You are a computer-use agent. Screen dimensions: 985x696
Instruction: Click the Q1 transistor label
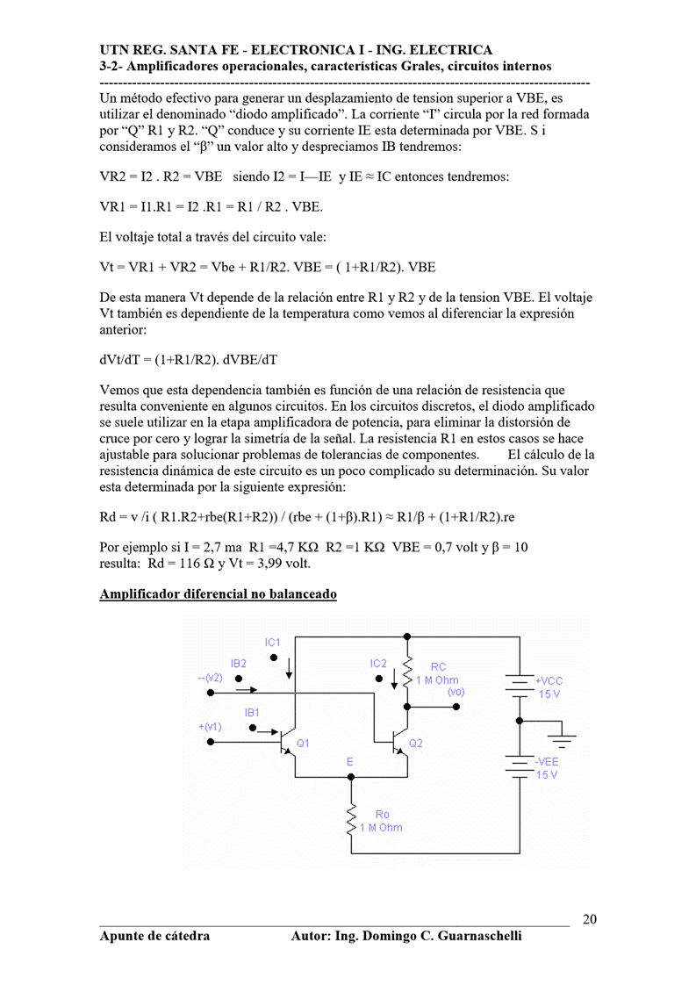point(303,744)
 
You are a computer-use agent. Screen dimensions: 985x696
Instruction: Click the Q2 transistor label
point(416,744)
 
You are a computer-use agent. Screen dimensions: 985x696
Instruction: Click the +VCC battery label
point(549,680)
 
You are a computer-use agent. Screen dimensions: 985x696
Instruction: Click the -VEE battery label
point(547,762)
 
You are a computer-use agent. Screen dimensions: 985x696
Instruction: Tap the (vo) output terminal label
point(456,693)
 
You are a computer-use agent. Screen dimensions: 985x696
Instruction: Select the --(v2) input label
point(211,678)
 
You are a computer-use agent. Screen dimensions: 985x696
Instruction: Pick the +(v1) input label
point(211,727)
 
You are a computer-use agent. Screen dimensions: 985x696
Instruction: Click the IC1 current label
point(273,642)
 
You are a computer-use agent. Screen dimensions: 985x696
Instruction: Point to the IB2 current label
point(239,664)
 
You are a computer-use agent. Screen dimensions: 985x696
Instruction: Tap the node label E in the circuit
point(349,762)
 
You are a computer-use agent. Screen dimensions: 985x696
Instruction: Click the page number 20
point(590,919)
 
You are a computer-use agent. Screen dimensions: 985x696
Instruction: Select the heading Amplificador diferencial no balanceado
point(218,594)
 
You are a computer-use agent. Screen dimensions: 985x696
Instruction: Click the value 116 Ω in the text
point(193,563)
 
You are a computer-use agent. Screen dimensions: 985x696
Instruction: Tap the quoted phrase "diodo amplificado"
point(288,114)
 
